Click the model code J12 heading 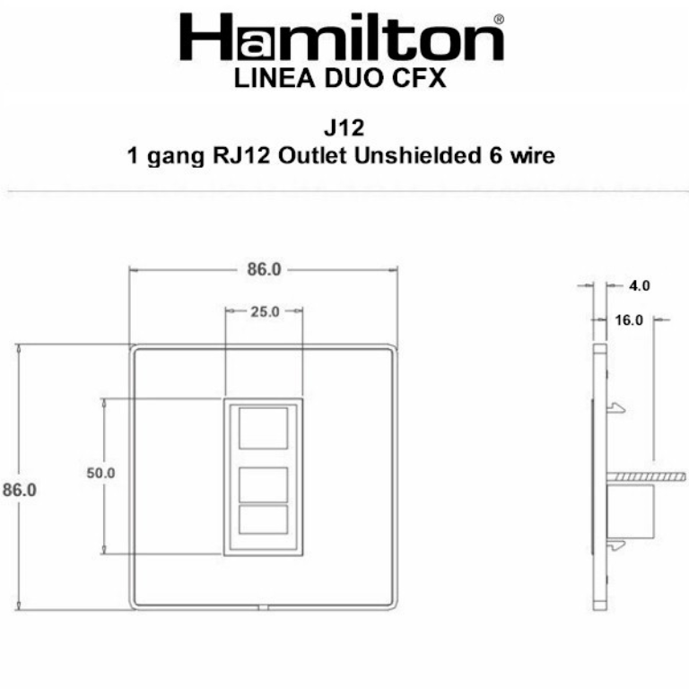(x=344, y=129)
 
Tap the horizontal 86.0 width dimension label (x=264, y=269)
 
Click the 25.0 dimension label (x=264, y=312)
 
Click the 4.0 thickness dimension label (x=639, y=286)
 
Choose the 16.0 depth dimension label (x=631, y=319)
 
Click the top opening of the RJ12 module (x=264, y=428)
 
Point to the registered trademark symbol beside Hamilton (x=499, y=19)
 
